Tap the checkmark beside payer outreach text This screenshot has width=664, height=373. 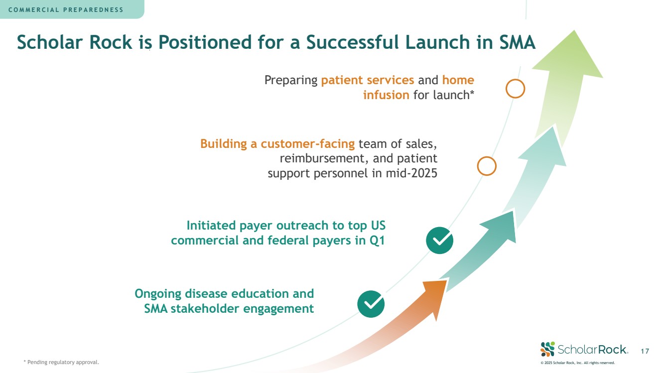click(439, 240)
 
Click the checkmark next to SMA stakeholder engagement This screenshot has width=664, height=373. click(371, 304)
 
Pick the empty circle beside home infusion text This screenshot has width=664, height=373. click(515, 89)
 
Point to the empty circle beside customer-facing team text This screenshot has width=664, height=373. click(487, 166)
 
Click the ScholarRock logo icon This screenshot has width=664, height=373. click(547, 349)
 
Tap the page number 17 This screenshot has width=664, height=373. click(645, 352)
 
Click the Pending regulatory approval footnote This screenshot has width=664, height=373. click(61, 362)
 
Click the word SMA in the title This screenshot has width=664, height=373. click(517, 42)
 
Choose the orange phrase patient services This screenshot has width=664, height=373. click(368, 80)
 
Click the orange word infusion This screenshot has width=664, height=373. click(386, 95)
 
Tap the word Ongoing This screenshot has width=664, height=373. click(158, 293)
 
